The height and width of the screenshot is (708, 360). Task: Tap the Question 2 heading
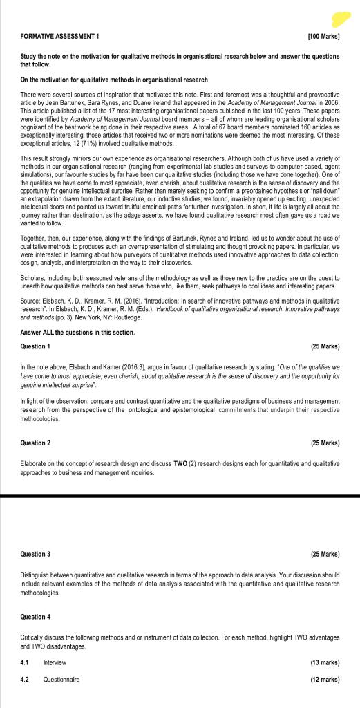[35, 442]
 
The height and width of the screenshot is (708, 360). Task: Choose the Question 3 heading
[35, 555]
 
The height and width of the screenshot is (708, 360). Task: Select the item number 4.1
[25, 662]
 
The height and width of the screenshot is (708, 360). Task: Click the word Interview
[55, 662]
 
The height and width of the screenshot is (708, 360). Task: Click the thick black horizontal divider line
[180, 496]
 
